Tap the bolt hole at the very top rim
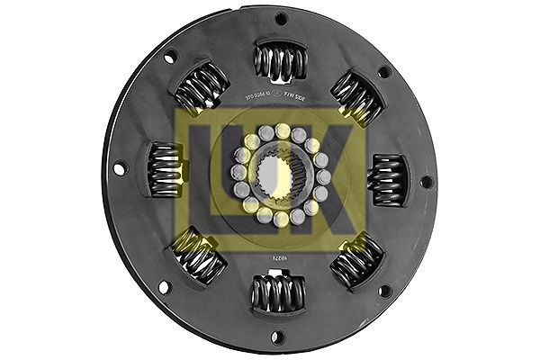click(281, 18)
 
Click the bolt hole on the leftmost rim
click(119, 168)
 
